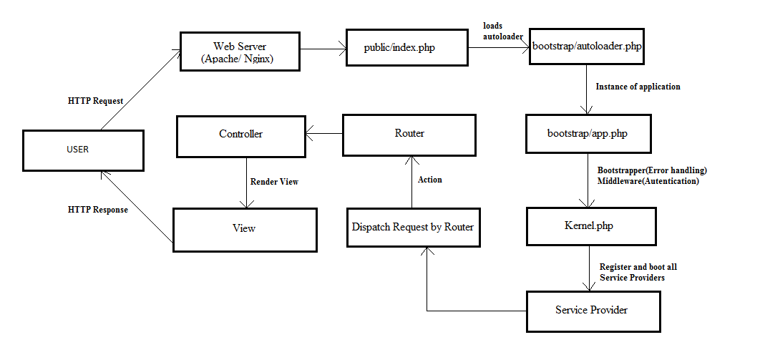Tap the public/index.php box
coord(406,48)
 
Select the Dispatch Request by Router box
coord(412,228)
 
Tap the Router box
coord(409,134)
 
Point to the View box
coord(244,229)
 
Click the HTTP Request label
coord(95,102)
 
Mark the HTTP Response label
coord(98,210)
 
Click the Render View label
coord(274,182)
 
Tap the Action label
coord(430,180)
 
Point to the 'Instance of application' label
coord(638,87)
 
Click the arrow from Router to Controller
coord(323,133)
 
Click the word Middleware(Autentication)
coord(648,181)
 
